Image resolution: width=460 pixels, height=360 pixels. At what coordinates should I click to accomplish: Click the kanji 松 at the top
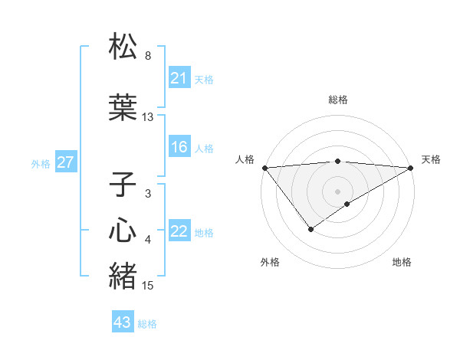[x=123, y=47]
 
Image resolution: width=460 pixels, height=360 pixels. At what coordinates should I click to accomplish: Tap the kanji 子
[x=123, y=185]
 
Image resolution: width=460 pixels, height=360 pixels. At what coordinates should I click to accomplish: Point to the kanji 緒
[x=123, y=276]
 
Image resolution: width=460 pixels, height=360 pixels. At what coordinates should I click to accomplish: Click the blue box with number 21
[x=179, y=78]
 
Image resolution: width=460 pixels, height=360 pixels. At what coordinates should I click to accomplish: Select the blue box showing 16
[x=179, y=148]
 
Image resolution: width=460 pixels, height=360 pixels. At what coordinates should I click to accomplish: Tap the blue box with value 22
[x=179, y=232]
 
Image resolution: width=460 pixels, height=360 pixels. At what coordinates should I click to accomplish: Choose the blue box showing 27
[x=66, y=163]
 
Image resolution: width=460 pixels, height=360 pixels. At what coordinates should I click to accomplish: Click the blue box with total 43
[x=123, y=322]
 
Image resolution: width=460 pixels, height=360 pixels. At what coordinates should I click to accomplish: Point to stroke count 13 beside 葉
[x=148, y=117]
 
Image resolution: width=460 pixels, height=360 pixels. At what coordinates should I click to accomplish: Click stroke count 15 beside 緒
[x=148, y=286]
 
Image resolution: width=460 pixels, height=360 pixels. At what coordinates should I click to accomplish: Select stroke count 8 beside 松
[x=148, y=56]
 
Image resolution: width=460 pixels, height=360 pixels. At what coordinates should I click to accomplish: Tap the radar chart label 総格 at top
[x=337, y=100]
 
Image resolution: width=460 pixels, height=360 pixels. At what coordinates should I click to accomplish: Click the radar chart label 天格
[x=431, y=159]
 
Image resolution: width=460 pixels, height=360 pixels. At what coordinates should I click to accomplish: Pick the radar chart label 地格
[x=402, y=263]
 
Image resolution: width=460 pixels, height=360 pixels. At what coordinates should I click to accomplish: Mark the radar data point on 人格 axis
[x=264, y=168]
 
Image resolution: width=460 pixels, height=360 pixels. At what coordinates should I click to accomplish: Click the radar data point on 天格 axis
[x=412, y=168]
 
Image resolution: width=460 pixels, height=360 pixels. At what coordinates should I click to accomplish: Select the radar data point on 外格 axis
[x=310, y=229]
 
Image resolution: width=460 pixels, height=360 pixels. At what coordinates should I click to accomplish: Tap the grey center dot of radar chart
[x=337, y=191]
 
